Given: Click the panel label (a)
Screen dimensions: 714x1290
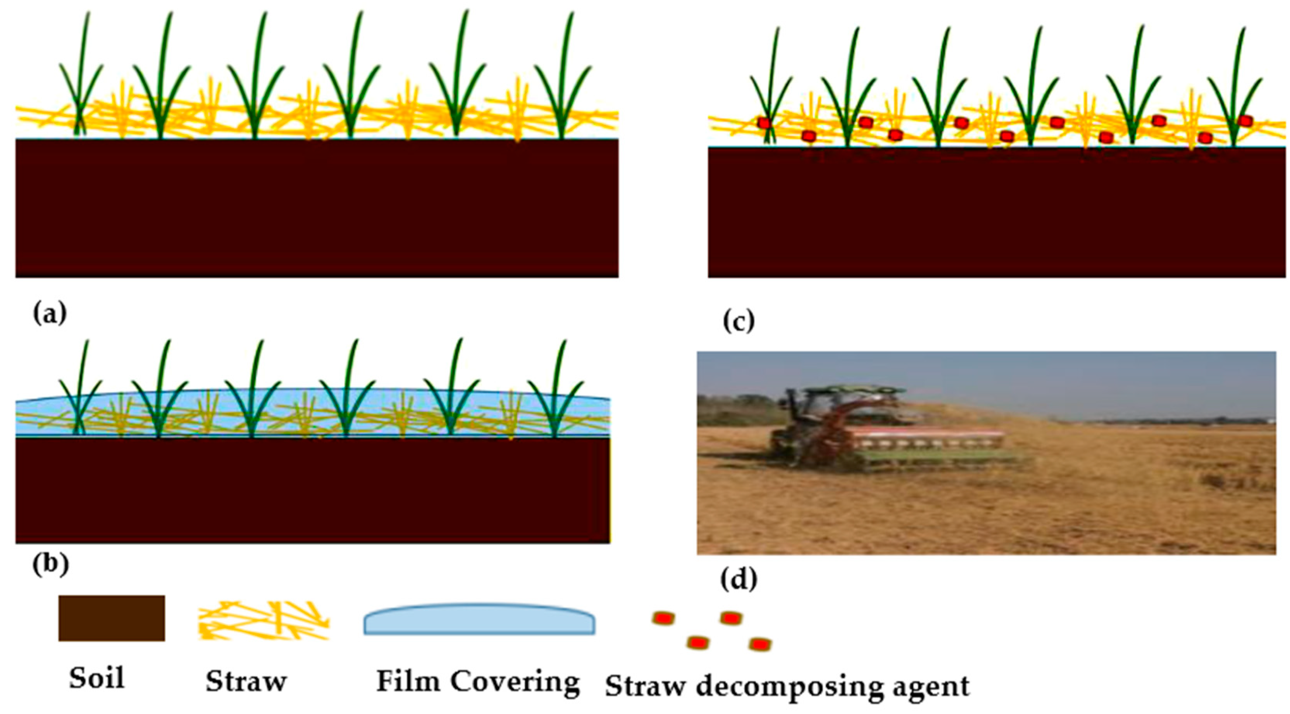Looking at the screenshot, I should pyautogui.click(x=49, y=314).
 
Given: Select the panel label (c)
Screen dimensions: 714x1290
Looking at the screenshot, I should pyautogui.click(x=738, y=322).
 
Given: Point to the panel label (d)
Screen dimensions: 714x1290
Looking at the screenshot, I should pyautogui.click(x=738, y=580).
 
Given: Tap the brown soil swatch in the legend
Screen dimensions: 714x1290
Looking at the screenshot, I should pyautogui.click(x=111, y=618).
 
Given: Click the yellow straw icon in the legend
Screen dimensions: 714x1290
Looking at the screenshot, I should pyautogui.click(x=263, y=620).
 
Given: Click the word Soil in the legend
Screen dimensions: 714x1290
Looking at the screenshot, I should pyautogui.click(x=96, y=678).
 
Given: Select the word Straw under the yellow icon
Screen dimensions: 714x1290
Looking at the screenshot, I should pyautogui.click(x=246, y=681).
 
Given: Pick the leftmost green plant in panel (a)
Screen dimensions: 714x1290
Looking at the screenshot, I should pyautogui.click(x=80, y=85).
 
